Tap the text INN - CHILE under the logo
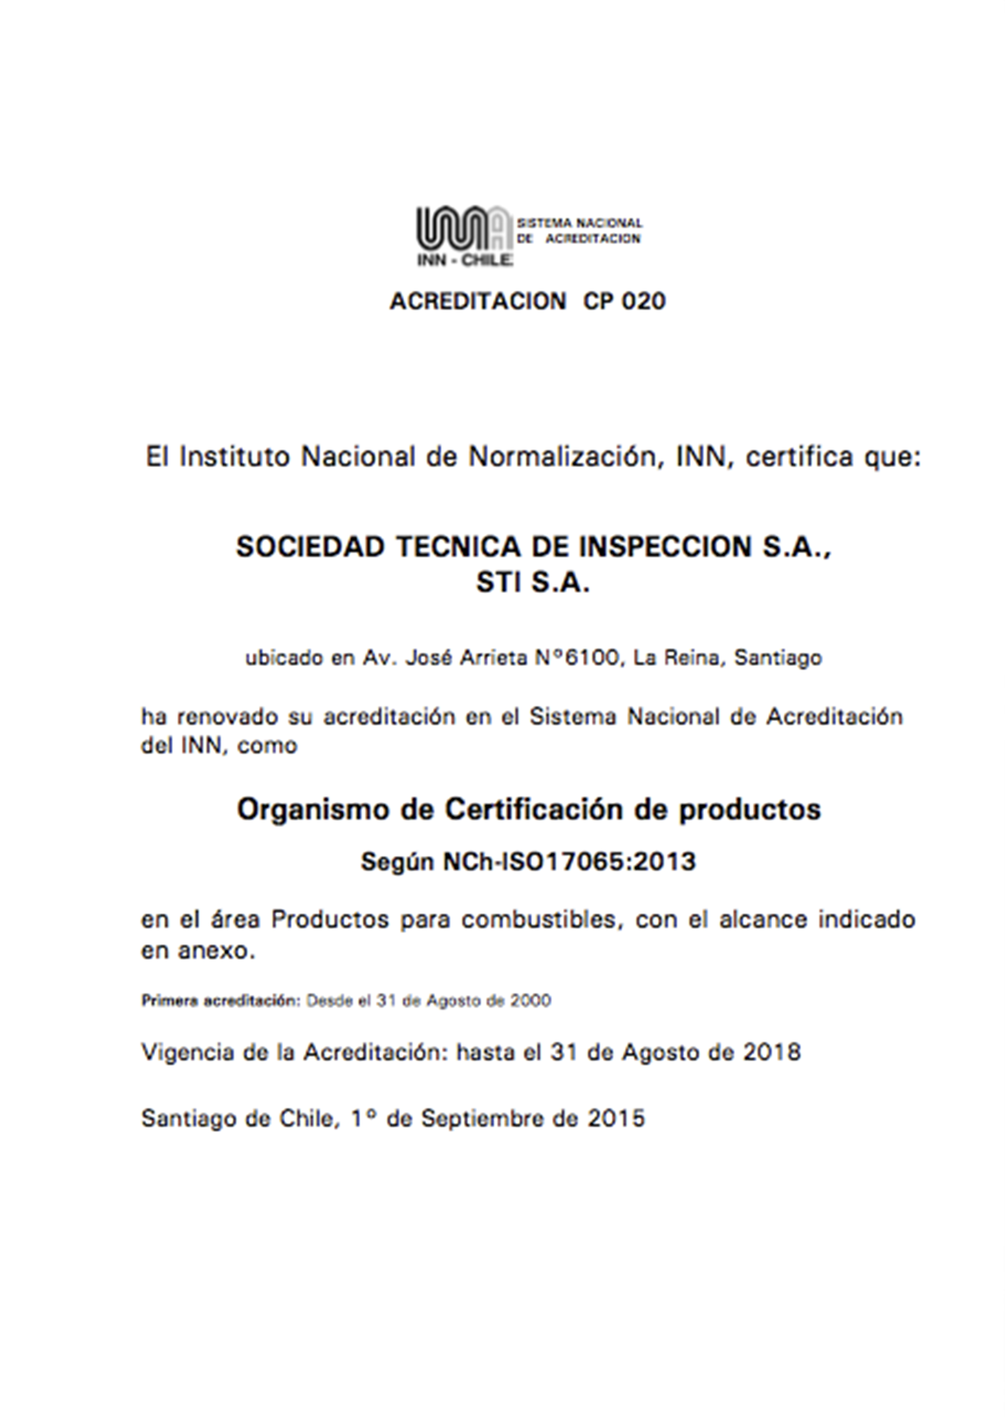(465, 260)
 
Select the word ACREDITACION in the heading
(478, 302)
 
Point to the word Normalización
(565, 457)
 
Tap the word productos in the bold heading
(750, 810)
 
